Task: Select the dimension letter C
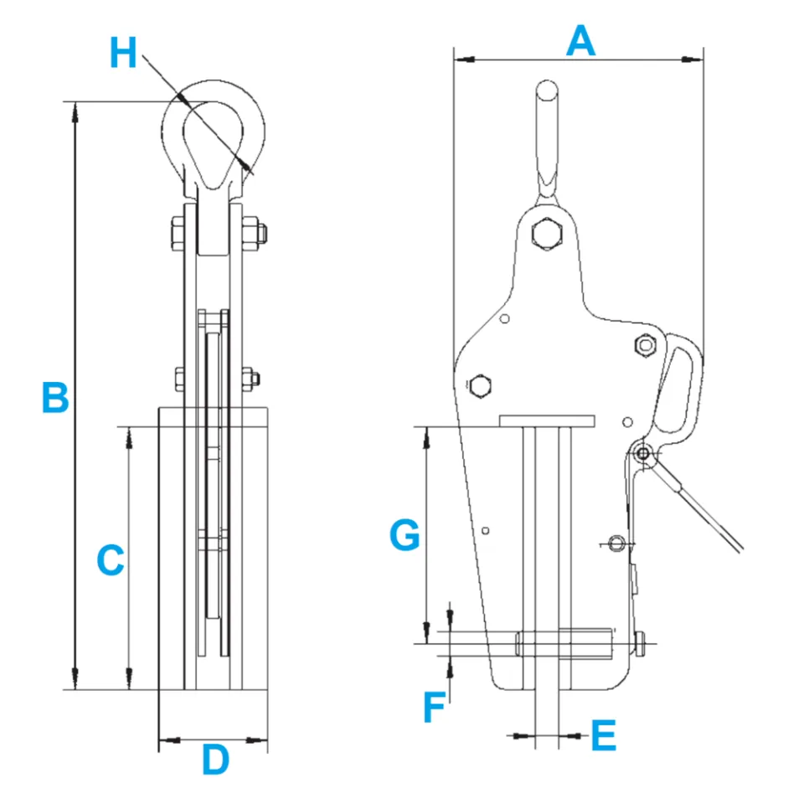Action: [x=111, y=560]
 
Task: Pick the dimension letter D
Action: [x=215, y=760]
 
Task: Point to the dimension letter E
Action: [x=603, y=736]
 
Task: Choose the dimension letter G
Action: [x=405, y=536]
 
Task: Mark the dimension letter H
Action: [x=123, y=54]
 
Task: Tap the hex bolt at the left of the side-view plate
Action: [x=481, y=386]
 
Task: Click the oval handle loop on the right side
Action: [x=680, y=386]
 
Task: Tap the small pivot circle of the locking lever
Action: [x=643, y=453]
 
